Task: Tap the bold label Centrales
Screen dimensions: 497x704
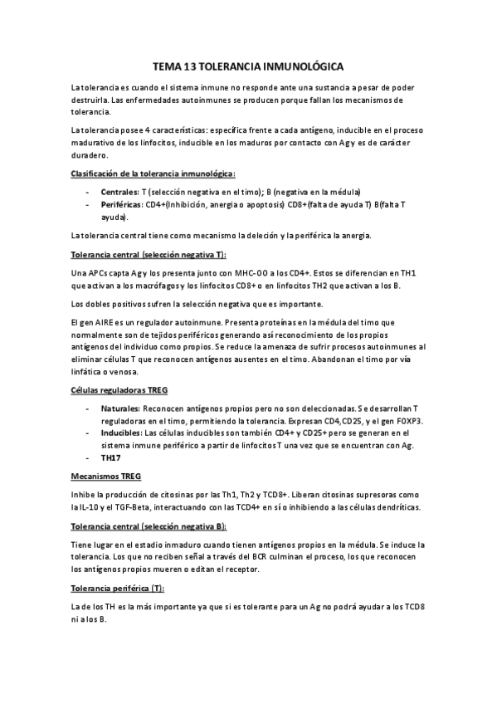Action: pyautogui.click(x=120, y=192)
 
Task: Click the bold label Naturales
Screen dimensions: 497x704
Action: pyautogui.click(x=119, y=409)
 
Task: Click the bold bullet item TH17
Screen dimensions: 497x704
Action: pyautogui.click(x=112, y=457)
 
